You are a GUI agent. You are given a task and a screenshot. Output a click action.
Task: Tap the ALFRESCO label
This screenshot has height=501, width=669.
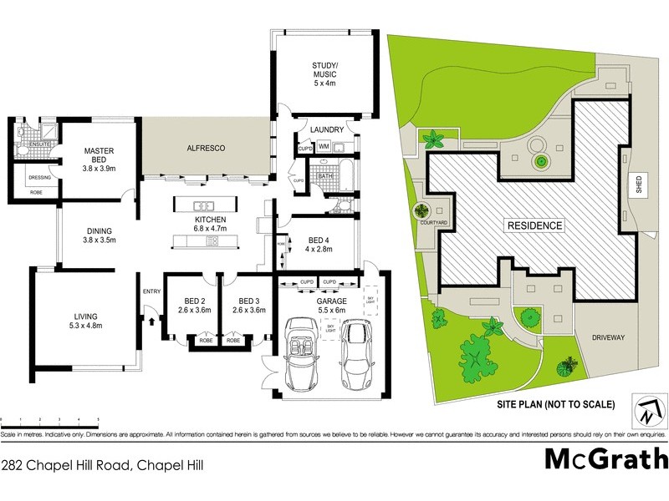206,148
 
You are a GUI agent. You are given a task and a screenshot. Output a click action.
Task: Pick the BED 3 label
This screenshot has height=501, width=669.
251,306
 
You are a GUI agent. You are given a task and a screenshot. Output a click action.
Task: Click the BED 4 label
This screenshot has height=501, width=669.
319,243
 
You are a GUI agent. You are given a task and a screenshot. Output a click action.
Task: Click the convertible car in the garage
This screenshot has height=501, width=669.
302,354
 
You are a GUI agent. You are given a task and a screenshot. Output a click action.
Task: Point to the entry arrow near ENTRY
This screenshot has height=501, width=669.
151,316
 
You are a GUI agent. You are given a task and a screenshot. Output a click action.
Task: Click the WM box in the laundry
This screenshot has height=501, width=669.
323,149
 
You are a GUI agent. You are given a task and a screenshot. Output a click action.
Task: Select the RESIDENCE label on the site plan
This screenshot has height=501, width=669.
534,225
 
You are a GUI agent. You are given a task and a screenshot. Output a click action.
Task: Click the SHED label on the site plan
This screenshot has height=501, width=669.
639,185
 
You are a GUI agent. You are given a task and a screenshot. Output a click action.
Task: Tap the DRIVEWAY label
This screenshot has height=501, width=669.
608,337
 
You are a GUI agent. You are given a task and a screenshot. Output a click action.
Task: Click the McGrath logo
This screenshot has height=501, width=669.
606,459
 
